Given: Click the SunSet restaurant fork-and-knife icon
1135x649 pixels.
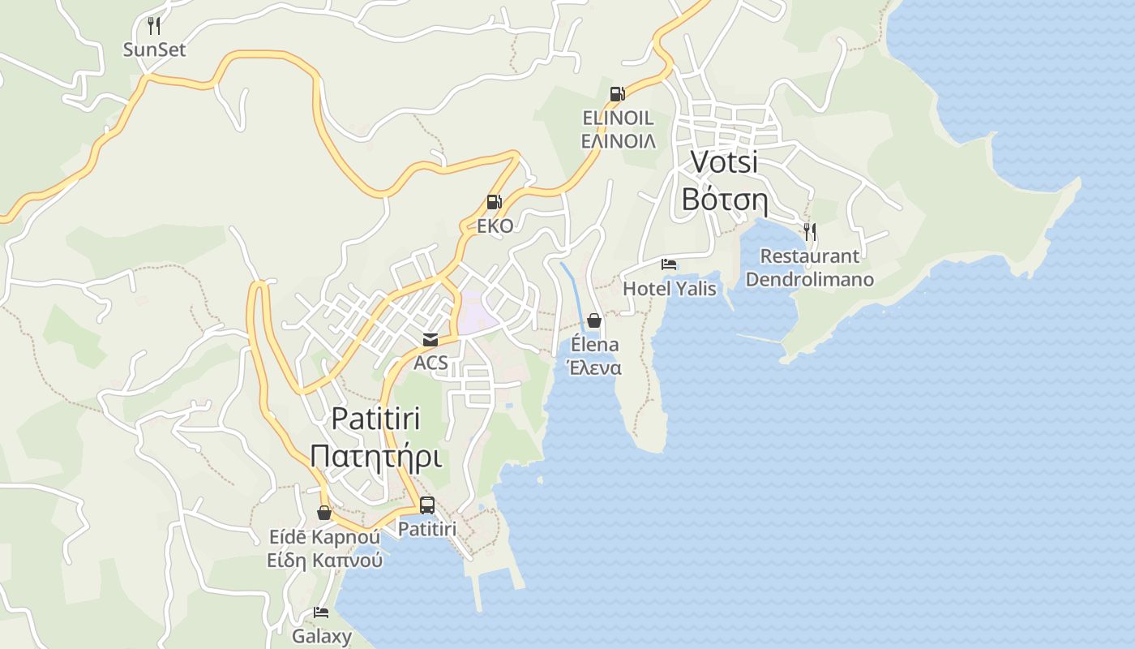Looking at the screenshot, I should click(154, 25).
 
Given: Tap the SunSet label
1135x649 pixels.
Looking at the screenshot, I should click(154, 49).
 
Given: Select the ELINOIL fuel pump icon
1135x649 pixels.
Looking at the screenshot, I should click(618, 94).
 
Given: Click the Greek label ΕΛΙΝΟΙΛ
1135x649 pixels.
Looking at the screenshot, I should click(618, 140).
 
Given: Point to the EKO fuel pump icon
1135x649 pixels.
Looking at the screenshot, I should click(494, 202).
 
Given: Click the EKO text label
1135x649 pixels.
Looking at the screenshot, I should click(495, 226).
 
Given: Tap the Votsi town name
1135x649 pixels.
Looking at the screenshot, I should click(724, 161).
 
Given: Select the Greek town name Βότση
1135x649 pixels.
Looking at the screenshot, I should click(724, 199).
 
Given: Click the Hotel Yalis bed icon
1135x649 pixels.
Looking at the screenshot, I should click(669, 264).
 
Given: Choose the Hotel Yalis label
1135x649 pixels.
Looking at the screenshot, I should click(669, 288).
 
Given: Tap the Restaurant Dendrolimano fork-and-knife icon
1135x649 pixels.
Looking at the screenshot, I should click(809, 232).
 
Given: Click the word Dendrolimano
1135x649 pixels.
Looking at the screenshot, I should click(809, 280).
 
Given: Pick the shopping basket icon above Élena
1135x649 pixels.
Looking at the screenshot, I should click(593, 320).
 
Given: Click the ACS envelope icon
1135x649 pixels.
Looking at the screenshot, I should click(430, 340).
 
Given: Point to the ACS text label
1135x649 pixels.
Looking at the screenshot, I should click(430, 363).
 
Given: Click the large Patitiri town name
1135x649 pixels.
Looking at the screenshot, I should click(376, 419).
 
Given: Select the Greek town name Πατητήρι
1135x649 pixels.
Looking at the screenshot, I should click(376, 457).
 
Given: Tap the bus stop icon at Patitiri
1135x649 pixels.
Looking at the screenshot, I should click(427, 505).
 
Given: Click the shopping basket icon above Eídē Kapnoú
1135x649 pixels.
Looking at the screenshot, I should click(324, 513).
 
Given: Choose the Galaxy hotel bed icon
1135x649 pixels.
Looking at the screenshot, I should click(321, 612).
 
